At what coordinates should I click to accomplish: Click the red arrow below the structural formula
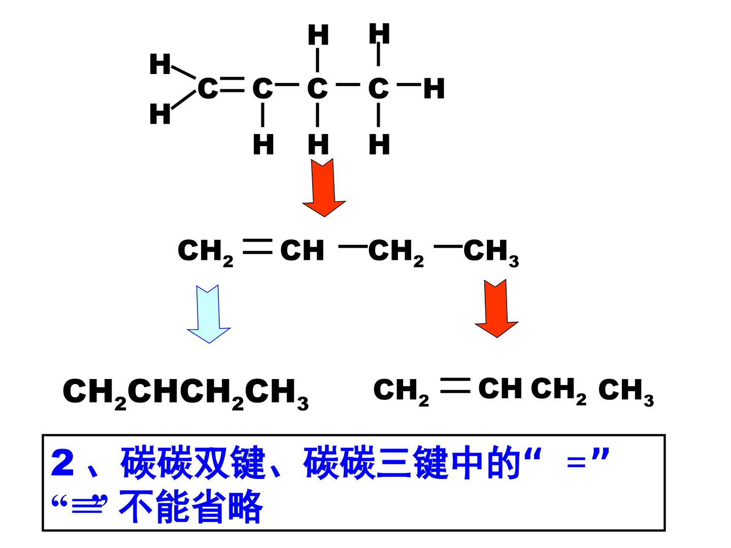point(323,187)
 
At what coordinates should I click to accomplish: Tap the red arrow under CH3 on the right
point(496,308)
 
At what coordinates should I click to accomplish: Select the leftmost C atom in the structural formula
point(207,88)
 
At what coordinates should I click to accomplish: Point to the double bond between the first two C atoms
point(231,85)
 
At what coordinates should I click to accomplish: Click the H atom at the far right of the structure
point(434,88)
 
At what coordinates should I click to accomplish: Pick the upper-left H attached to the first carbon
point(160,64)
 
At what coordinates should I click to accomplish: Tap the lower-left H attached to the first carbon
point(160,114)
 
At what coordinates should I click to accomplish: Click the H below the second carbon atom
point(263,145)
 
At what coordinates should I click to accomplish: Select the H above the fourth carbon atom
point(379,33)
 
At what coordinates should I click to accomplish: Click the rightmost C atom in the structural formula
point(379,88)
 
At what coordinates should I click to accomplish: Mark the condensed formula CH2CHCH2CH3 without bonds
point(185,395)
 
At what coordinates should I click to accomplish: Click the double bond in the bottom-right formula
point(455,386)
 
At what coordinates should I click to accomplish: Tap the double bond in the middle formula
point(257,247)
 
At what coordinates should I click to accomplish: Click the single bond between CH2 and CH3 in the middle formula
point(448,247)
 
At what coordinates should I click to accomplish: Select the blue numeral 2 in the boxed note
point(62,463)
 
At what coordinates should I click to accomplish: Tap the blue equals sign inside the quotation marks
point(576,462)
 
